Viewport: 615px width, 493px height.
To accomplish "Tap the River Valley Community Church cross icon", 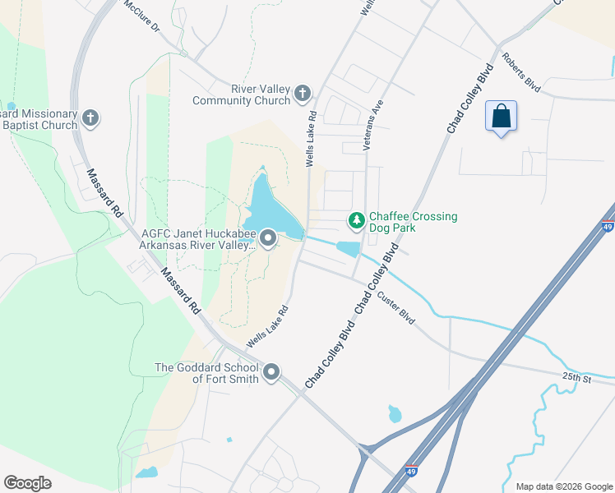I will point(303,92).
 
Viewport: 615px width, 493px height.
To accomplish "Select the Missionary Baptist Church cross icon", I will point(90,119).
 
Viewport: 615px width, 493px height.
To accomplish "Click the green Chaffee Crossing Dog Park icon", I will point(356,221).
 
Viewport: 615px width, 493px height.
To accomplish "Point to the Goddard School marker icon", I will point(271,374).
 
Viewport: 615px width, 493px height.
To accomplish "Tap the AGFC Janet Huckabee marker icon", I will point(268,239).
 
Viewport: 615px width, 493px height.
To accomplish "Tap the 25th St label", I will point(577,378).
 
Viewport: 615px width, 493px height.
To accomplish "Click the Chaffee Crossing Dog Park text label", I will point(413,222).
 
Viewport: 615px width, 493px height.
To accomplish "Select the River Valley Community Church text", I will point(242,95).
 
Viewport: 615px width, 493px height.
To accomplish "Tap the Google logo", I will point(27,483).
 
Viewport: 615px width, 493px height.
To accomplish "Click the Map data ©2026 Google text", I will point(563,486).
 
